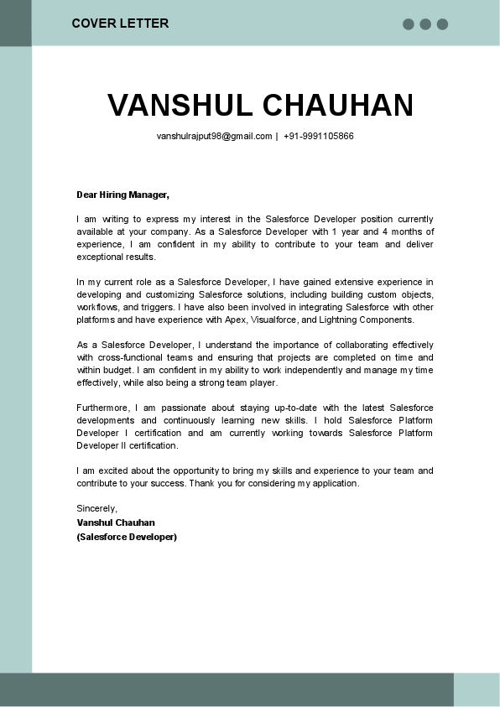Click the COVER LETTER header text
coord(120,23)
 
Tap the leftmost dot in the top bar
coord(409,24)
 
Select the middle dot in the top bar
coord(425,24)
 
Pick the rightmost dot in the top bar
coord(442,24)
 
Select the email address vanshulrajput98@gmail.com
coord(214,136)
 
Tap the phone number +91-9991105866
coord(319,136)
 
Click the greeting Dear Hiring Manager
coord(122,195)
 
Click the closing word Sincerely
coord(96,508)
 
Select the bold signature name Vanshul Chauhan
coord(116,522)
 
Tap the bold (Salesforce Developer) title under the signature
coord(127,537)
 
